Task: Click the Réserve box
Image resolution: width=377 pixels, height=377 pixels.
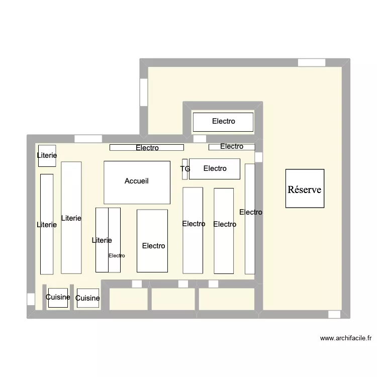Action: (305, 189)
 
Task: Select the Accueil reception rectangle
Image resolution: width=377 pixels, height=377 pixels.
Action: (137, 182)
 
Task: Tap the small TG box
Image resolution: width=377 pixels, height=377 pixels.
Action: (184, 169)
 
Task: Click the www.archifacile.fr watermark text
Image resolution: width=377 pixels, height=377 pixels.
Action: (345, 338)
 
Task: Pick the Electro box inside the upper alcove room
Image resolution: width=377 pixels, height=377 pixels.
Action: (223, 122)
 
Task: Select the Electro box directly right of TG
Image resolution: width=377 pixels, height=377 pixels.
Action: (215, 168)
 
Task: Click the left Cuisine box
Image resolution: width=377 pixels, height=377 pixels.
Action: (58, 297)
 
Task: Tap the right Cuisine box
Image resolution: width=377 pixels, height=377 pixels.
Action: (87, 298)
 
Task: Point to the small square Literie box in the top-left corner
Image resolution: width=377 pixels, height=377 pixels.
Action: (47, 156)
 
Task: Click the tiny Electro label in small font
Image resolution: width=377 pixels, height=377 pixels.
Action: (117, 255)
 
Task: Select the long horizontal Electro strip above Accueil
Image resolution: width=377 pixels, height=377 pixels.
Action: (147, 148)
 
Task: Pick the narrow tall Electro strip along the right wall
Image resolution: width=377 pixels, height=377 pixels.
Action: (250, 219)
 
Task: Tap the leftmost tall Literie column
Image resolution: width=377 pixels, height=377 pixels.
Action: (47, 224)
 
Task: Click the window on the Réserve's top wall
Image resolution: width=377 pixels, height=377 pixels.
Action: (312, 63)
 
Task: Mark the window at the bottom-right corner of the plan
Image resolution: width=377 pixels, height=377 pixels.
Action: (334, 314)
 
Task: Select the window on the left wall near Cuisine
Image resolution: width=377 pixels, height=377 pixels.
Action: (31, 299)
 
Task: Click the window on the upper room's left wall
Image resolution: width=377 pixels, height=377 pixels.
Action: (144, 92)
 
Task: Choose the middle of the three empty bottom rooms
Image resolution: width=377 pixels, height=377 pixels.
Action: (173, 299)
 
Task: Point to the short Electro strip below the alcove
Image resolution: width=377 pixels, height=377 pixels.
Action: (232, 147)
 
